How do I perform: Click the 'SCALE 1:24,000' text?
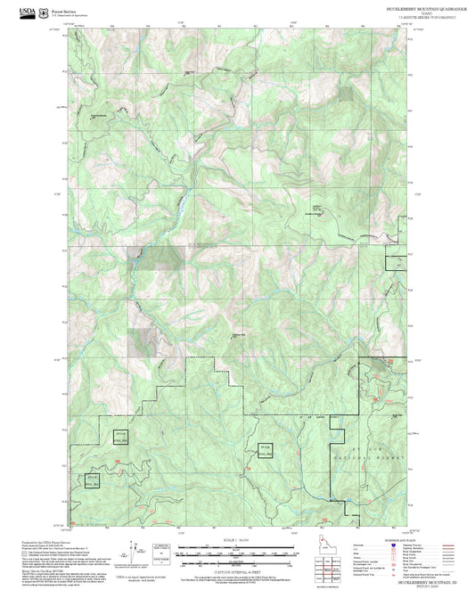[237, 540]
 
